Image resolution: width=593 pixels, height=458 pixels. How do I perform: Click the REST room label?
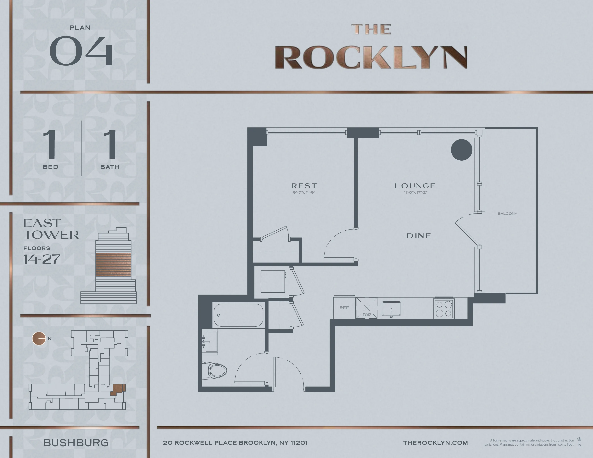(304, 186)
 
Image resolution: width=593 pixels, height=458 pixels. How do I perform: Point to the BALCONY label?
(507, 214)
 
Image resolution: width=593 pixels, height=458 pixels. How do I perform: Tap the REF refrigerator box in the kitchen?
(344, 308)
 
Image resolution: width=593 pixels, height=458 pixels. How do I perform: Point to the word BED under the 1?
(50, 167)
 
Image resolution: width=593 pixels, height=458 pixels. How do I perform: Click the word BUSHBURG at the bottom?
(76, 443)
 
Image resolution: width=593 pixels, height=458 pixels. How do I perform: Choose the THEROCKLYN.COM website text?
(436, 443)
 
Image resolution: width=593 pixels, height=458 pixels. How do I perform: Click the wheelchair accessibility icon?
(579, 445)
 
